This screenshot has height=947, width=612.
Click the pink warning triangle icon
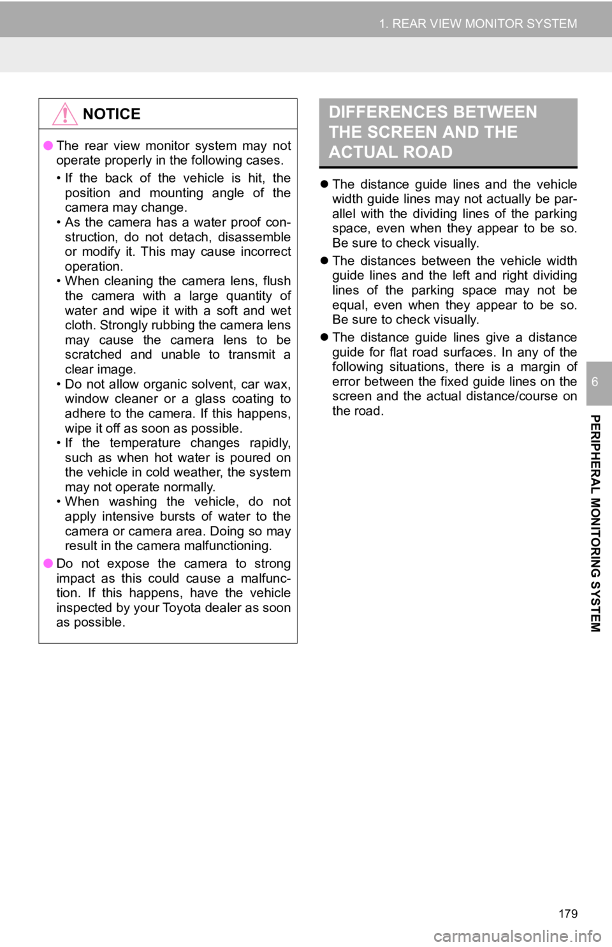click(65, 114)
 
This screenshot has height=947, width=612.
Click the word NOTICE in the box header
click(112, 114)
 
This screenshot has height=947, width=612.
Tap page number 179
click(568, 914)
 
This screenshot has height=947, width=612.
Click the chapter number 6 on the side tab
click(595, 382)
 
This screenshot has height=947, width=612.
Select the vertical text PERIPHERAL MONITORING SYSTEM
click(595, 523)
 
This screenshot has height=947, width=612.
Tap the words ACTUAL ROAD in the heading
click(391, 152)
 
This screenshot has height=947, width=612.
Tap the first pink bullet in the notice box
click(48, 145)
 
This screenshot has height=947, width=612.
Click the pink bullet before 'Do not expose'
click(48, 563)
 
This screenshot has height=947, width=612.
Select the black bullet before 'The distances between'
click(324, 261)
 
